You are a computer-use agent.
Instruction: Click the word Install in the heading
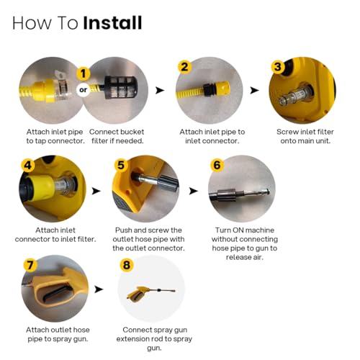point(112,23)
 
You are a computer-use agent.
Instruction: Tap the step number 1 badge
point(84,73)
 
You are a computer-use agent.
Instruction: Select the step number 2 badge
point(185,67)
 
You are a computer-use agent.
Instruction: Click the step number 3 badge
point(278,67)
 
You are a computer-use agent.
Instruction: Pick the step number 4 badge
point(28,165)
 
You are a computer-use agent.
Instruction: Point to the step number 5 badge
point(121,165)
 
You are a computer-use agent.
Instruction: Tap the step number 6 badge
point(217,165)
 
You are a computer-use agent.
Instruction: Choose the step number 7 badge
point(30,265)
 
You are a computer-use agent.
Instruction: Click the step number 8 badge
point(127,265)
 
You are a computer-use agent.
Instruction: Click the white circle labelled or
point(83,90)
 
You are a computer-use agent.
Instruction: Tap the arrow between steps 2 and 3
point(255,91)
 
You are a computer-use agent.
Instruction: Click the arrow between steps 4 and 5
point(96,191)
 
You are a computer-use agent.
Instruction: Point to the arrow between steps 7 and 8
point(99,289)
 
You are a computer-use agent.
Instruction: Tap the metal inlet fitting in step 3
point(296,95)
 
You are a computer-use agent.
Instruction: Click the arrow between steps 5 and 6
point(194,191)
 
